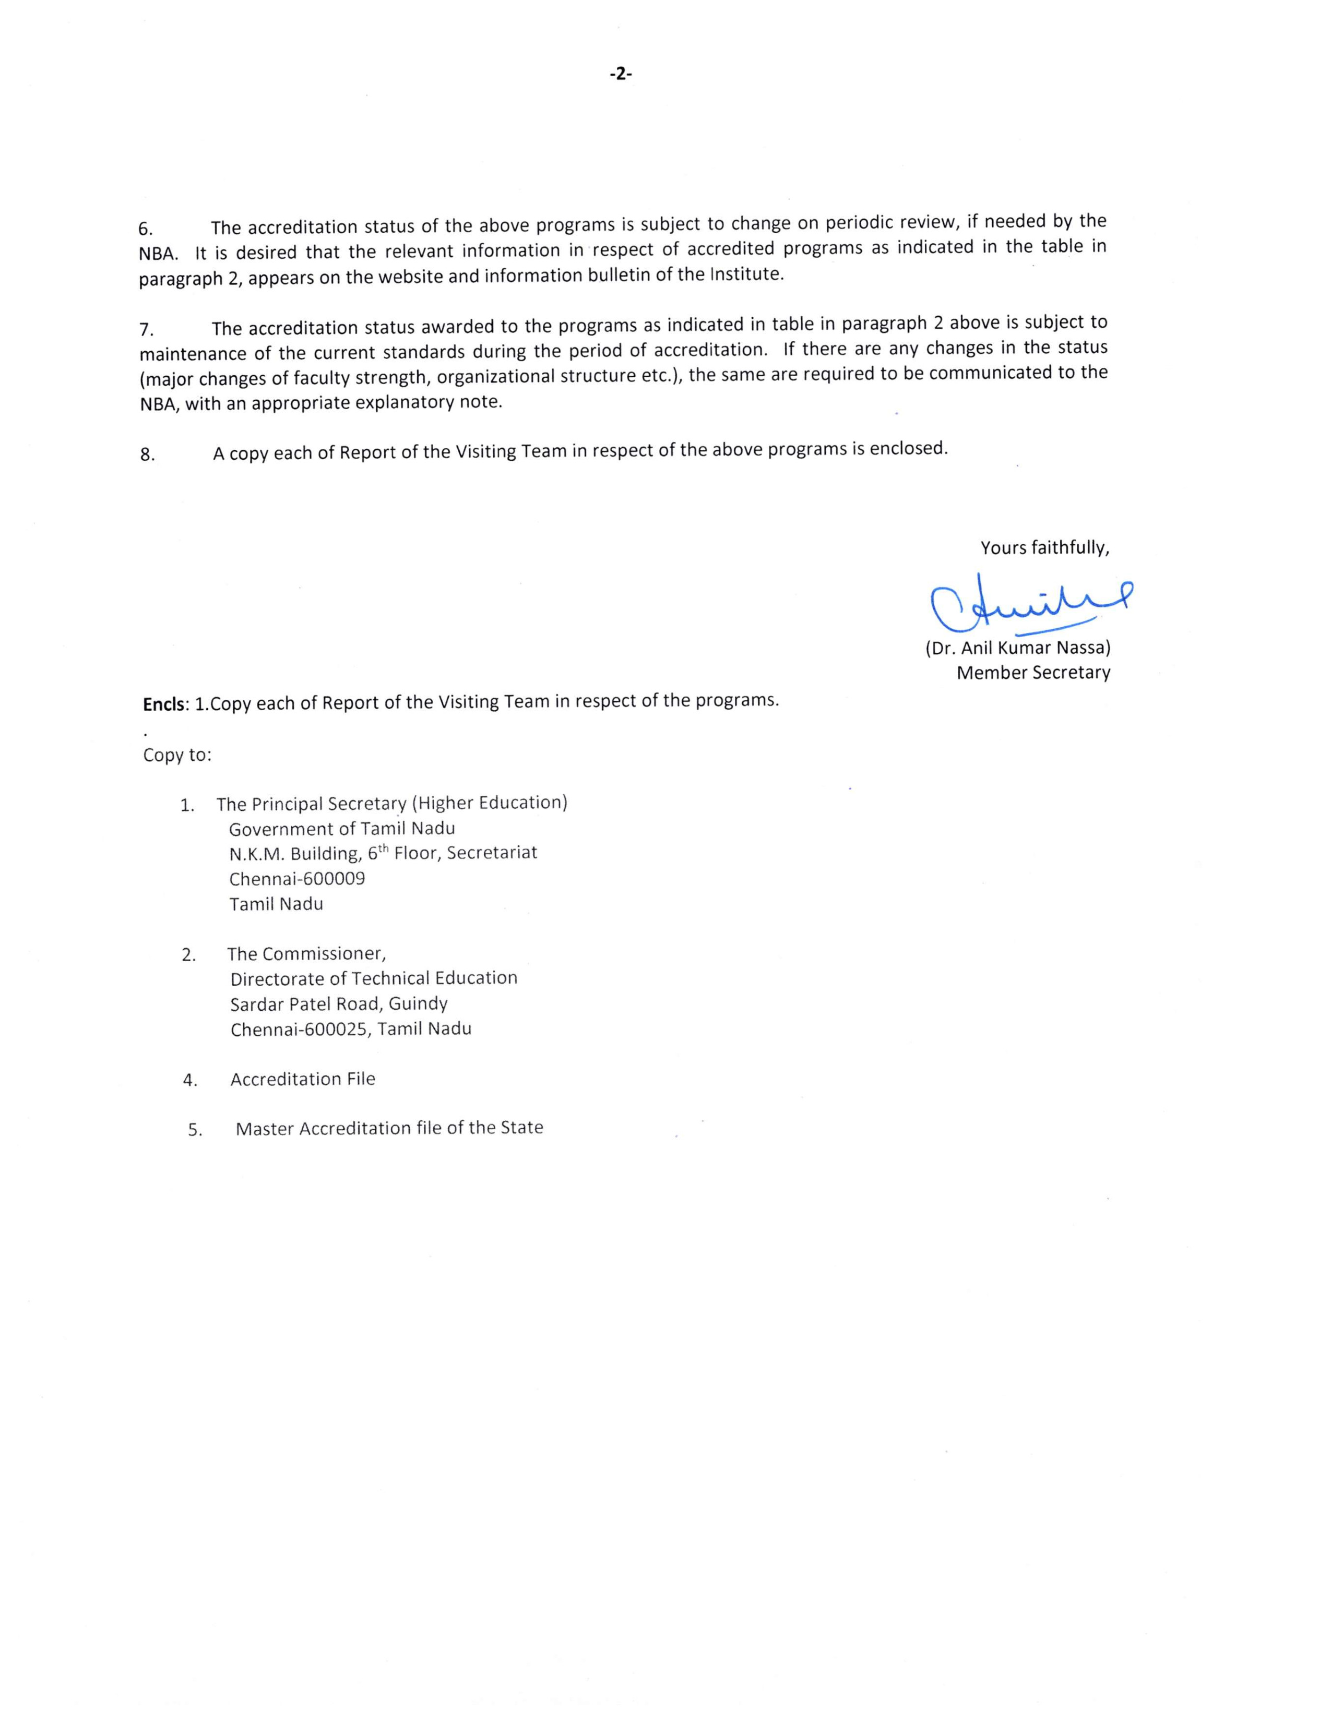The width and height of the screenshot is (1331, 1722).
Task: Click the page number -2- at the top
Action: click(621, 74)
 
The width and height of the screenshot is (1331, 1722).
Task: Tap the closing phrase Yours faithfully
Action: click(1044, 547)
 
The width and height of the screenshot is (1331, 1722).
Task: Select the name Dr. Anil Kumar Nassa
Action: click(1017, 648)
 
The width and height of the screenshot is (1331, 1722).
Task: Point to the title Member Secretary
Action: click(1033, 673)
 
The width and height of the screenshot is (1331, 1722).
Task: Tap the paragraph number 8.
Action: click(147, 455)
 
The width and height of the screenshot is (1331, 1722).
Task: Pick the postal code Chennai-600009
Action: click(298, 878)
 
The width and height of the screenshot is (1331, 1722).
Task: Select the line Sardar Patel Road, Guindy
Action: click(339, 1003)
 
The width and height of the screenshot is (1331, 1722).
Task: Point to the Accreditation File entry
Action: click(303, 1079)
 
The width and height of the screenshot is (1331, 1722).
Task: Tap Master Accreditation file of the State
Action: click(389, 1128)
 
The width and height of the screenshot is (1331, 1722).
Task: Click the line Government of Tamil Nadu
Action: click(342, 829)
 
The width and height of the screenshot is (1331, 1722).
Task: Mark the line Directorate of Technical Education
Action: click(374, 978)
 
